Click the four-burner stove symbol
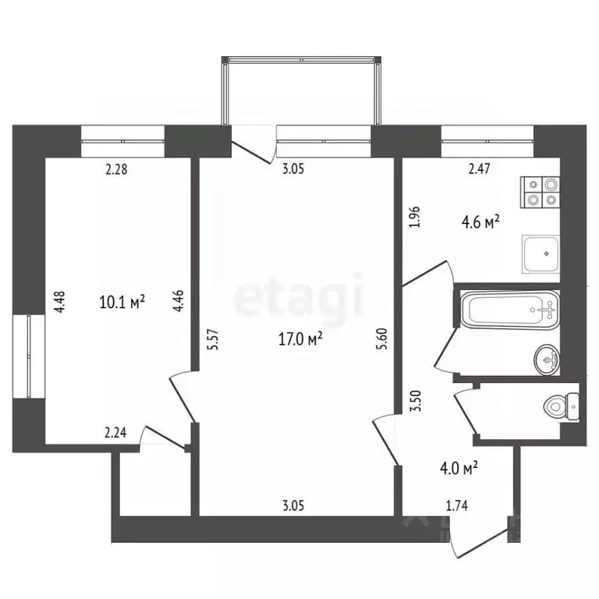point(541,192)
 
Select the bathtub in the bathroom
point(509,310)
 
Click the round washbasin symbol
point(547,359)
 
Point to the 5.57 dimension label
point(213,341)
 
